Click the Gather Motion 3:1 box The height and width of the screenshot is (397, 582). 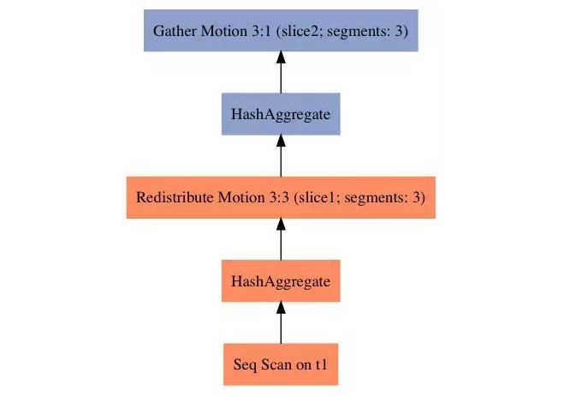281,31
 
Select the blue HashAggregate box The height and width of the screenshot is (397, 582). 281,114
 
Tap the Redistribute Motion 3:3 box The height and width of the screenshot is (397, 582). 281,197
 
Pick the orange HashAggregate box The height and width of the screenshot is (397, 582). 281,280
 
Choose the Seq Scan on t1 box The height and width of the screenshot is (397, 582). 281,364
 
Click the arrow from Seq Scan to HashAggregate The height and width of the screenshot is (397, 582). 281,322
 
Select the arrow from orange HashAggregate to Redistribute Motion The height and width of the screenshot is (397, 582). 281,239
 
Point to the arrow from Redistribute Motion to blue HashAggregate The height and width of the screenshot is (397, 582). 281,156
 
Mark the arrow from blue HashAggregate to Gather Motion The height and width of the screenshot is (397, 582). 281,73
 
